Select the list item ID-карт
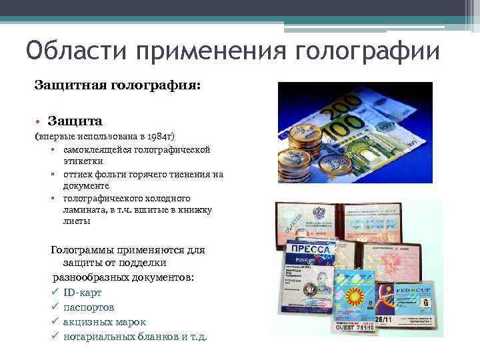coord(83,292)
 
